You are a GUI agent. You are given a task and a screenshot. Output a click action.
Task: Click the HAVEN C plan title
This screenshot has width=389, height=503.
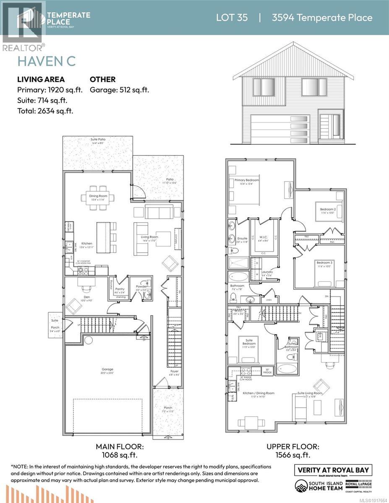[46, 60]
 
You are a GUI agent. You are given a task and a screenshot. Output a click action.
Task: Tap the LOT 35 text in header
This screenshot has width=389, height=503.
[232, 18]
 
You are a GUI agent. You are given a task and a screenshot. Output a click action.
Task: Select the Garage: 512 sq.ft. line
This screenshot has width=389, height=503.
[119, 90]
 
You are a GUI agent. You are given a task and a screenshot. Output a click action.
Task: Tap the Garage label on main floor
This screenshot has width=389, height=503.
[107, 369]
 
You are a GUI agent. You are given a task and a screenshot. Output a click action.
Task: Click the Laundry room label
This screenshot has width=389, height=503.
[267, 272]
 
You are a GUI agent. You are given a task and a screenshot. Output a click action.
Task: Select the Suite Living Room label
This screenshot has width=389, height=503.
[310, 393]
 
